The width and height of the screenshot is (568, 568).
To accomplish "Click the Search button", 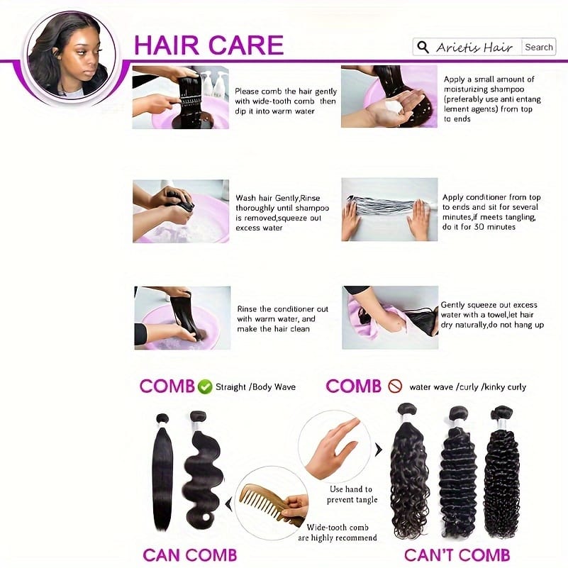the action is coord(539,47).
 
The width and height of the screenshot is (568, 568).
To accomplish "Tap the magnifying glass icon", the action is coord(423,47).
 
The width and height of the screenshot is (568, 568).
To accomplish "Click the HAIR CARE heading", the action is coord(208,45).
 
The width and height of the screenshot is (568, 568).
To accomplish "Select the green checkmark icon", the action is coord(205,387).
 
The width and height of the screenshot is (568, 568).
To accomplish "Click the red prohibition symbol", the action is coord(395,386).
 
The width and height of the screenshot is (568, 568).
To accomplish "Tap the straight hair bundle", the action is coord(162,471).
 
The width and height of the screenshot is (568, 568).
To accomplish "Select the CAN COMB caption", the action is coord(190,555).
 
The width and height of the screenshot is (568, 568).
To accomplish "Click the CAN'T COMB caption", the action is coord(457,555).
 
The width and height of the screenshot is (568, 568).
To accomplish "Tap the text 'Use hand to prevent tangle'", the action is coord(352,494).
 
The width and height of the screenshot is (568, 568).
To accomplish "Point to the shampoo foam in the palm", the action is coord(393,107).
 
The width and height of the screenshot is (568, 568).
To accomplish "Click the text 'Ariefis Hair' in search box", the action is coord(474,48).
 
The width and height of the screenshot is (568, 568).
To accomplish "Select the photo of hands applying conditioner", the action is coord(389,209).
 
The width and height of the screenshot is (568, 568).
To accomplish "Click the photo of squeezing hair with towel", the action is coord(390,317).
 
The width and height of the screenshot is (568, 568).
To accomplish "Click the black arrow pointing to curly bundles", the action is coord(378,450).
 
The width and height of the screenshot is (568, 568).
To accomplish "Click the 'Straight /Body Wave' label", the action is coord(255,387).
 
